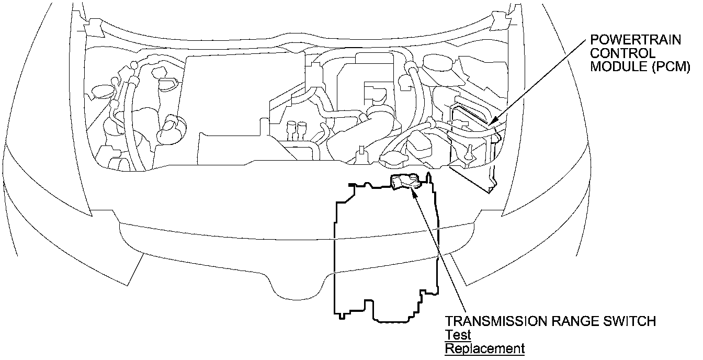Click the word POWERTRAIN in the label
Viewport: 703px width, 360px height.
click(x=629, y=40)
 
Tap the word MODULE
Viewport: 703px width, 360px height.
click(x=615, y=66)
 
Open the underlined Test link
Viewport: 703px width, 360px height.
click(x=458, y=334)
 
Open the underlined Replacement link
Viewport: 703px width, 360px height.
click(x=484, y=348)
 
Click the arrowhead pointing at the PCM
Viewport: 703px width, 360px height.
click(x=493, y=123)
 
